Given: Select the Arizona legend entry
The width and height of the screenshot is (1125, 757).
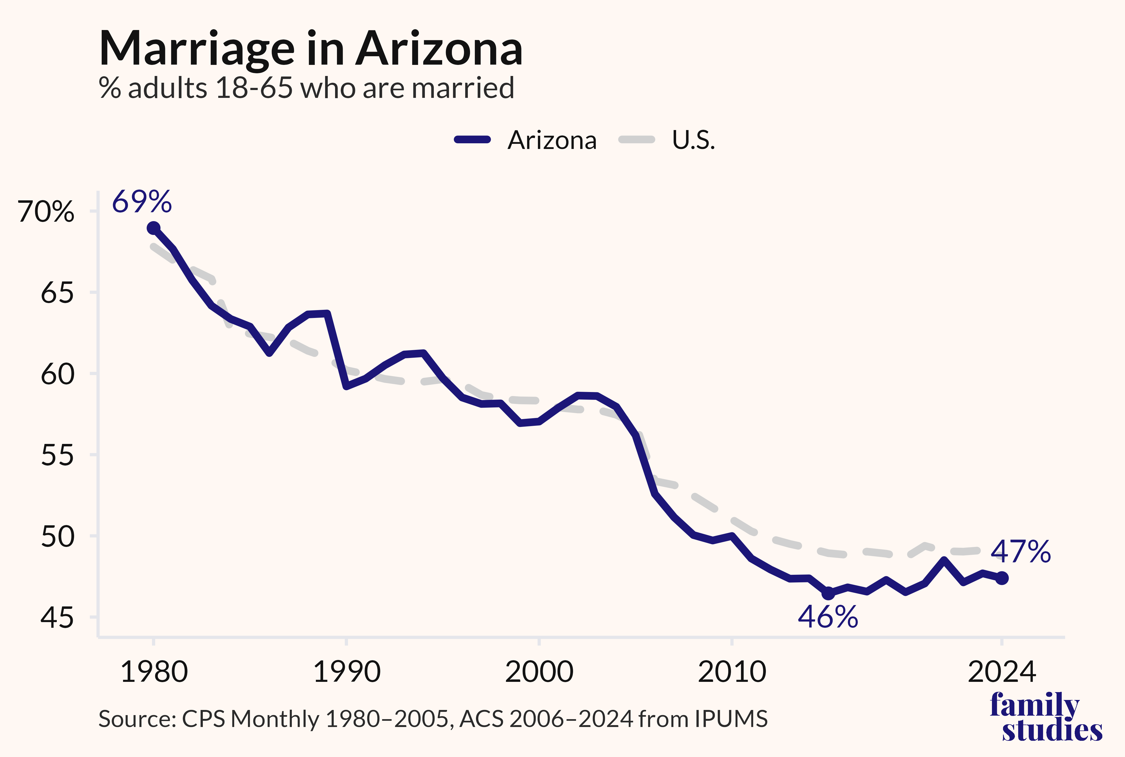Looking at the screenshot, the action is coord(525,140).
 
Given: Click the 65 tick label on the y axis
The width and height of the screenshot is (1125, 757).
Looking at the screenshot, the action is coord(57,293).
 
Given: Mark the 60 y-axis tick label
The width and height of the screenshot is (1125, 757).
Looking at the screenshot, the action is coord(57,374).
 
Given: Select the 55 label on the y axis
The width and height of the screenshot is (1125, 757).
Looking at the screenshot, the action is coord(57,455).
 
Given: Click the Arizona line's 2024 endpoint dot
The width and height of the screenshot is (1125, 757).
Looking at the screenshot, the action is coord(1002,578).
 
